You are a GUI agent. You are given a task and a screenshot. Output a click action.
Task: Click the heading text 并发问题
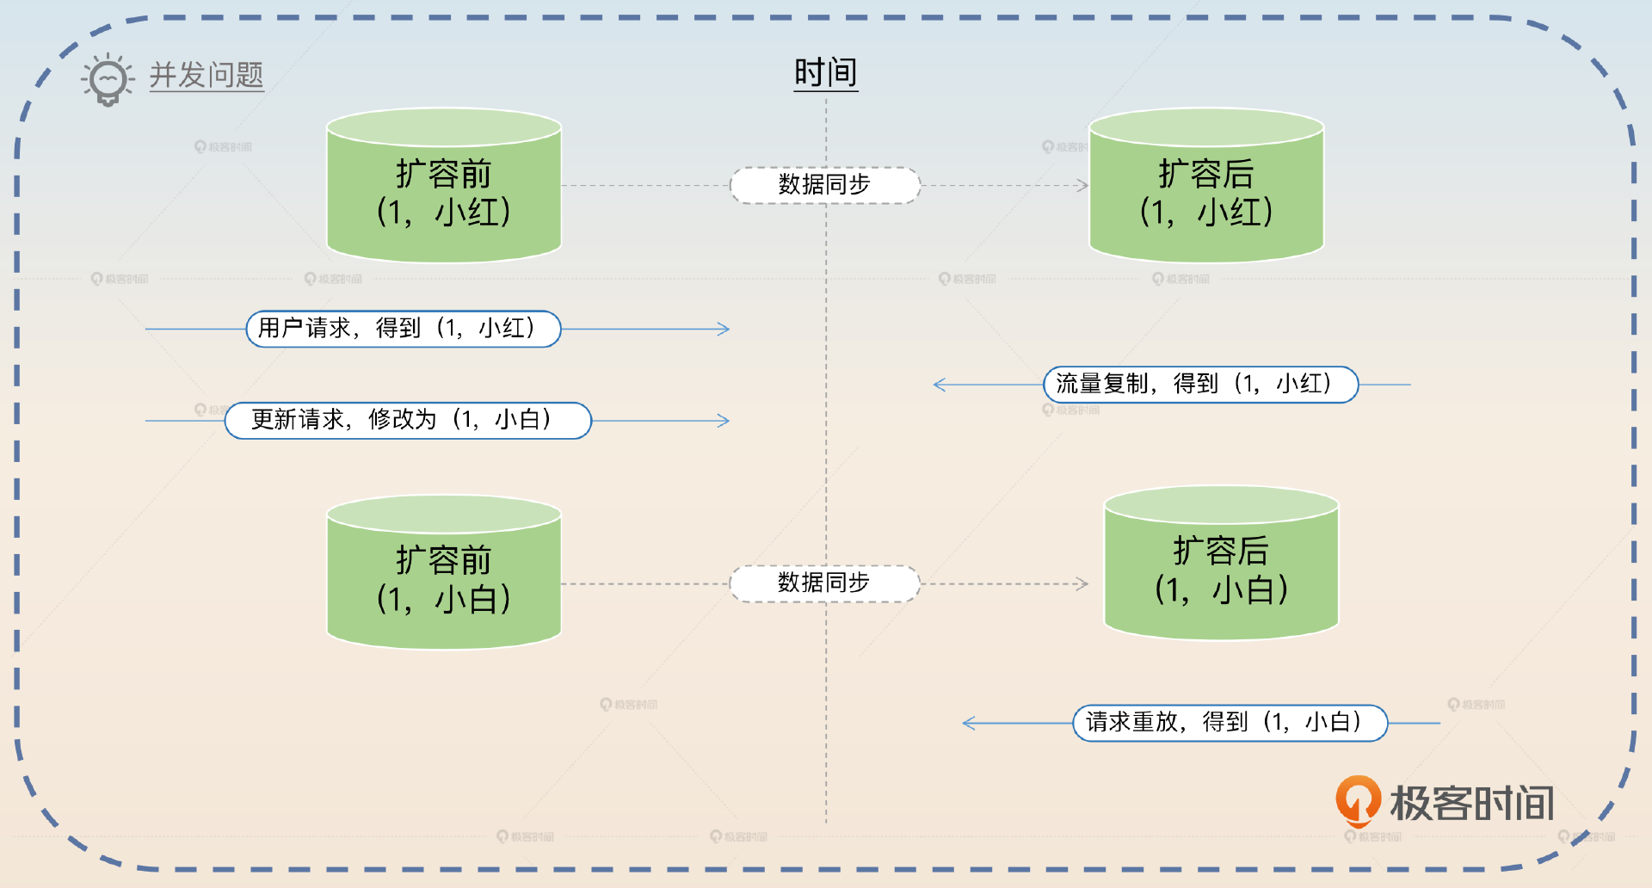[206, 76]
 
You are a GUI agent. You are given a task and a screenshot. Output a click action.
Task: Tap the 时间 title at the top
[825, 72]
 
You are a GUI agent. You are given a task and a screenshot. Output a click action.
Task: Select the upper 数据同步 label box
[824, 185]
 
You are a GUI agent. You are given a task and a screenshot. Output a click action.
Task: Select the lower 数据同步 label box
[824, 583]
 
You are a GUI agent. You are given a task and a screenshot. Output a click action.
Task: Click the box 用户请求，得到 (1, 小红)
[403, 329]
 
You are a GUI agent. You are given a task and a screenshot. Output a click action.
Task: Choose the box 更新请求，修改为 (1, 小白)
[408, 421]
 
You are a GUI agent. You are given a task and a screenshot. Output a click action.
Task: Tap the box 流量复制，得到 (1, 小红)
[1200, 385]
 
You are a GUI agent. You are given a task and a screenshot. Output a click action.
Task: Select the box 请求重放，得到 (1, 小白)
[1230, 723]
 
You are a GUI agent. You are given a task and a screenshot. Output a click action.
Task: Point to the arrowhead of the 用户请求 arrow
[724, 329]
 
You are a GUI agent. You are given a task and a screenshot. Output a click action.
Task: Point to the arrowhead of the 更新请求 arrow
[724, 421]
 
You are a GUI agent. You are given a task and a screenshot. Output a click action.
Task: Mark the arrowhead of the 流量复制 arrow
[939, 385]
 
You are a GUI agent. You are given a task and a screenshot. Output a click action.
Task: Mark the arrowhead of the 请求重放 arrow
[968, 723]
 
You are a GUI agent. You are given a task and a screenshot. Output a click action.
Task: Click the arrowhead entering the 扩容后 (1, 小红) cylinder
[1083, 185]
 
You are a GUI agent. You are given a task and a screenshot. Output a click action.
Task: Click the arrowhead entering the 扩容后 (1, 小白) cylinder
[1083, 583]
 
